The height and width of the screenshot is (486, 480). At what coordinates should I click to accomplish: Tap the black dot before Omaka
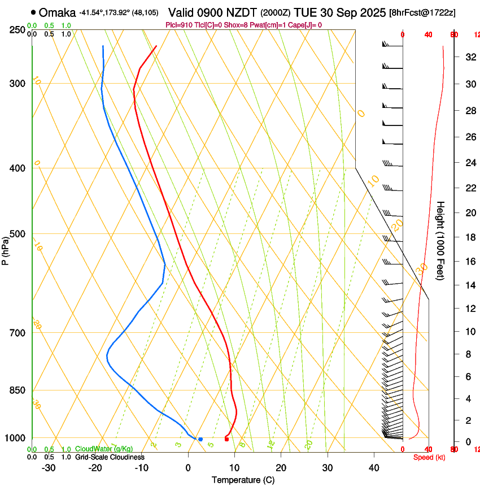(x=34, y=12)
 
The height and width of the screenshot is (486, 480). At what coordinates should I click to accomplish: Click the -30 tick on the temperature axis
(x=49, y=468)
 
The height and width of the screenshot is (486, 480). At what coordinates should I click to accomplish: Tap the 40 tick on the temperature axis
(x=374, y=468)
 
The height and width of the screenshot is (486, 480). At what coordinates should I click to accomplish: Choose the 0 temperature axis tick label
(x=188, y=468)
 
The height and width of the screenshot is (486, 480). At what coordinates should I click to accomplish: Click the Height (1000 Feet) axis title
(x=440, y=240)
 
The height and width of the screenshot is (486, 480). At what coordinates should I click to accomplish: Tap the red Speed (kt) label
(x=429, y=457)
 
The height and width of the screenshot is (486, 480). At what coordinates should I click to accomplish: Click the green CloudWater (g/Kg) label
(x=104, y=449)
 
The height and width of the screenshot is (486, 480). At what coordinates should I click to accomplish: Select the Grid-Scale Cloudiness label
(x=110, y=457)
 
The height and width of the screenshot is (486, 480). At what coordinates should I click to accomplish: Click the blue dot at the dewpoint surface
(x=200, y=439)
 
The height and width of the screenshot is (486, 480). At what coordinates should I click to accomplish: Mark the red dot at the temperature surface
(x=226, y=439)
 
